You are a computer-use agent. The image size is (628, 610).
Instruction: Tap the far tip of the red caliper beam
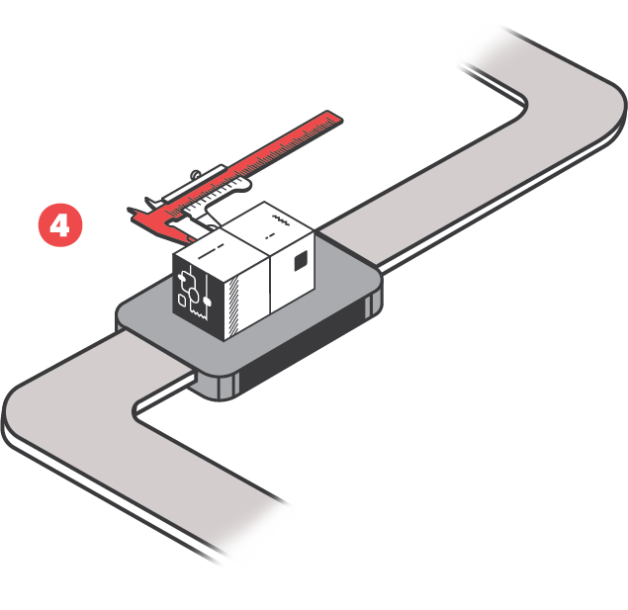[x=334, y=118]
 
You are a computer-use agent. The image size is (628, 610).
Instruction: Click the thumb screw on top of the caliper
[x=198, y=174]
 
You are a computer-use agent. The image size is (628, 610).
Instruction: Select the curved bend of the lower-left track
[x=30, y=395]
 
